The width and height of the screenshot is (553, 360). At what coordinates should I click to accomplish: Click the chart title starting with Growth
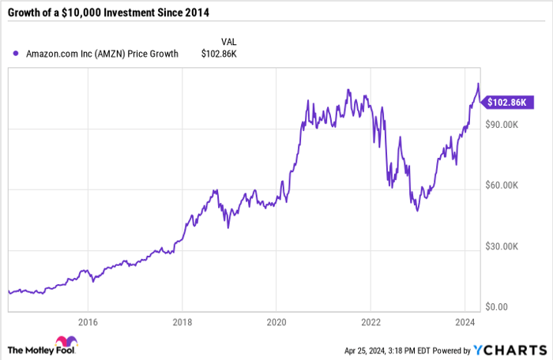tap(114, 12)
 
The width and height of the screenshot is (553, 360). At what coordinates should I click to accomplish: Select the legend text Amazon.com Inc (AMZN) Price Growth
tap(101, 54)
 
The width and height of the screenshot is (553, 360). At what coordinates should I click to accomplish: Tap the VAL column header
tap(229, 41)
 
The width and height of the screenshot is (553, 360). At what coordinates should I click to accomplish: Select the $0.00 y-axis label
tap(496, 307)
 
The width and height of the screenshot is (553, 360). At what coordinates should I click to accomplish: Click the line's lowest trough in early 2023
tap(417, 210)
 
